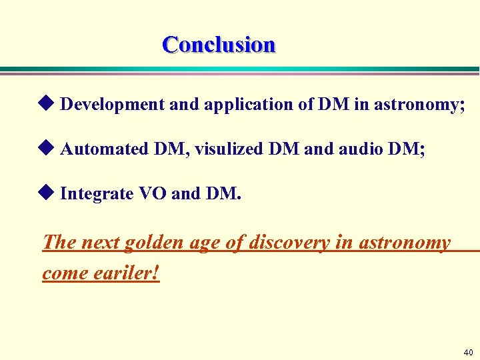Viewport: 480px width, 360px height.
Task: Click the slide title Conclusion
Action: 219,45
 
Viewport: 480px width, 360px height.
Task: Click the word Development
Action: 112,105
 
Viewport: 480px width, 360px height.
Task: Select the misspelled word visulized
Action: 232,149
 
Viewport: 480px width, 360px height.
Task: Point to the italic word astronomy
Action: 405,243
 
